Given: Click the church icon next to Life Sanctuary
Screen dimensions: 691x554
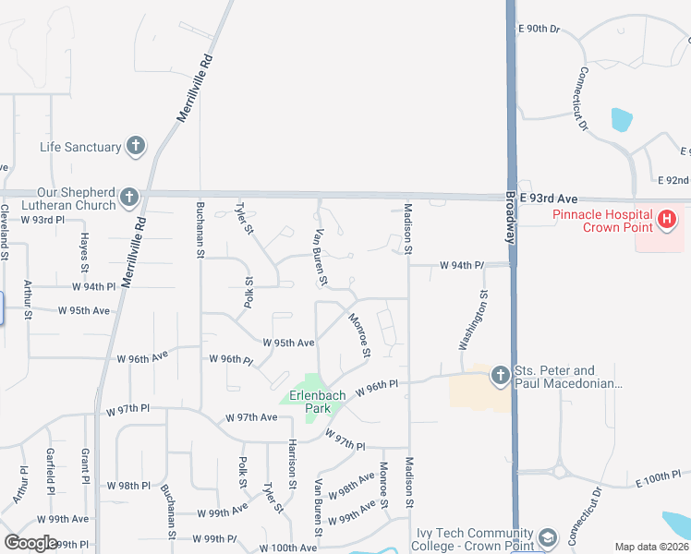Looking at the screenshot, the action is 136,146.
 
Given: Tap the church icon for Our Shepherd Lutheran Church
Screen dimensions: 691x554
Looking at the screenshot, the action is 128,197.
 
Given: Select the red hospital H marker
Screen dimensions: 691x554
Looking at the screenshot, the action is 667,220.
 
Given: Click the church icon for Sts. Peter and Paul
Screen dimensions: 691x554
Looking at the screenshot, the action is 500,375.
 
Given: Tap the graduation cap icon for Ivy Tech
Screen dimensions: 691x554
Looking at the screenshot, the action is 548,538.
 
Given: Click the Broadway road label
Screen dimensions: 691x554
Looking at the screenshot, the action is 512,216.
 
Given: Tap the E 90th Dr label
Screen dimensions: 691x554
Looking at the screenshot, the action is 539,29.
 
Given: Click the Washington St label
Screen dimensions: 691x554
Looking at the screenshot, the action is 471,320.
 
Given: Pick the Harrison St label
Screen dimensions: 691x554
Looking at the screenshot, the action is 292,464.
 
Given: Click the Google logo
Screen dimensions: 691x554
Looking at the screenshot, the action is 30,543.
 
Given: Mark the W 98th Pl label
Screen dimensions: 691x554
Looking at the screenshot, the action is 127,486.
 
